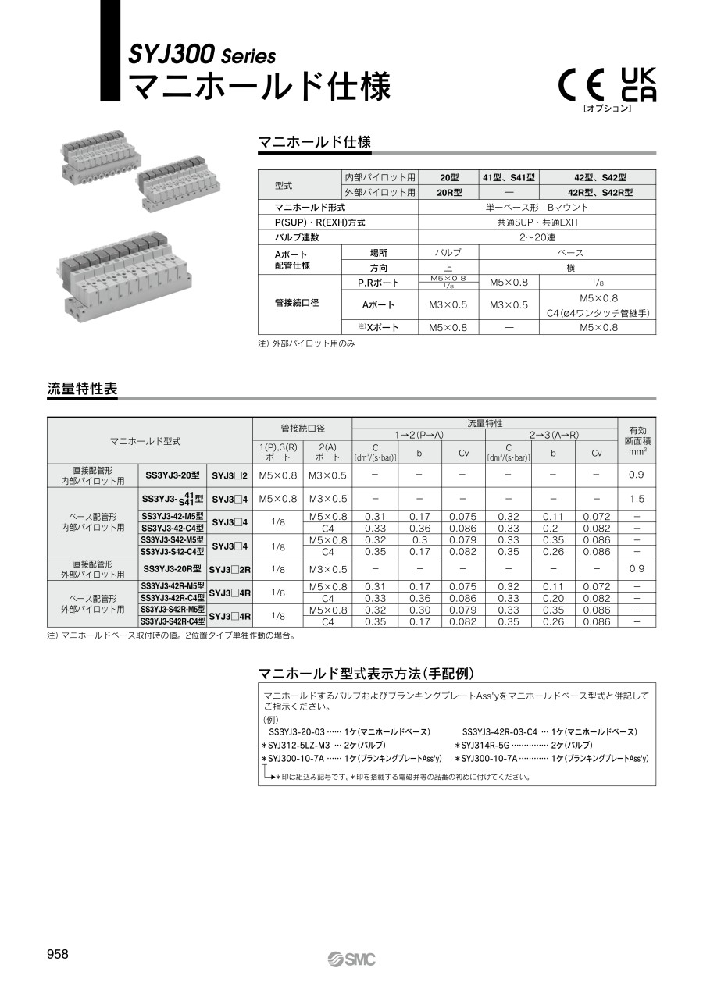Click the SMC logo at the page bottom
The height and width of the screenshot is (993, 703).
351,959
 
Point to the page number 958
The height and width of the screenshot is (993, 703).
58,954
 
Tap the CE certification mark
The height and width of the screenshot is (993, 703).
581,85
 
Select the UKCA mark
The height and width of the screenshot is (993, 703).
638,85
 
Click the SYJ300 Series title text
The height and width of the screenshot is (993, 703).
202,56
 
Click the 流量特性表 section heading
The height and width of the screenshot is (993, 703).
82,388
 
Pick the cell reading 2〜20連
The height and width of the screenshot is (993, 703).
537,237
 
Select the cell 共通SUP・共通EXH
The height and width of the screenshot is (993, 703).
537,222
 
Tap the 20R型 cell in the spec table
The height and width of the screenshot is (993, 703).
448,192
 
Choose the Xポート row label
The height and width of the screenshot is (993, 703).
380,328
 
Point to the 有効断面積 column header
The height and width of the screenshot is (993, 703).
637,440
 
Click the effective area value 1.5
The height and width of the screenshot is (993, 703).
637,499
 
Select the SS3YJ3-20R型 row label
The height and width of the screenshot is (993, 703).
173,568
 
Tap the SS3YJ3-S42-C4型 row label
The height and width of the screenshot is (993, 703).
173,552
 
